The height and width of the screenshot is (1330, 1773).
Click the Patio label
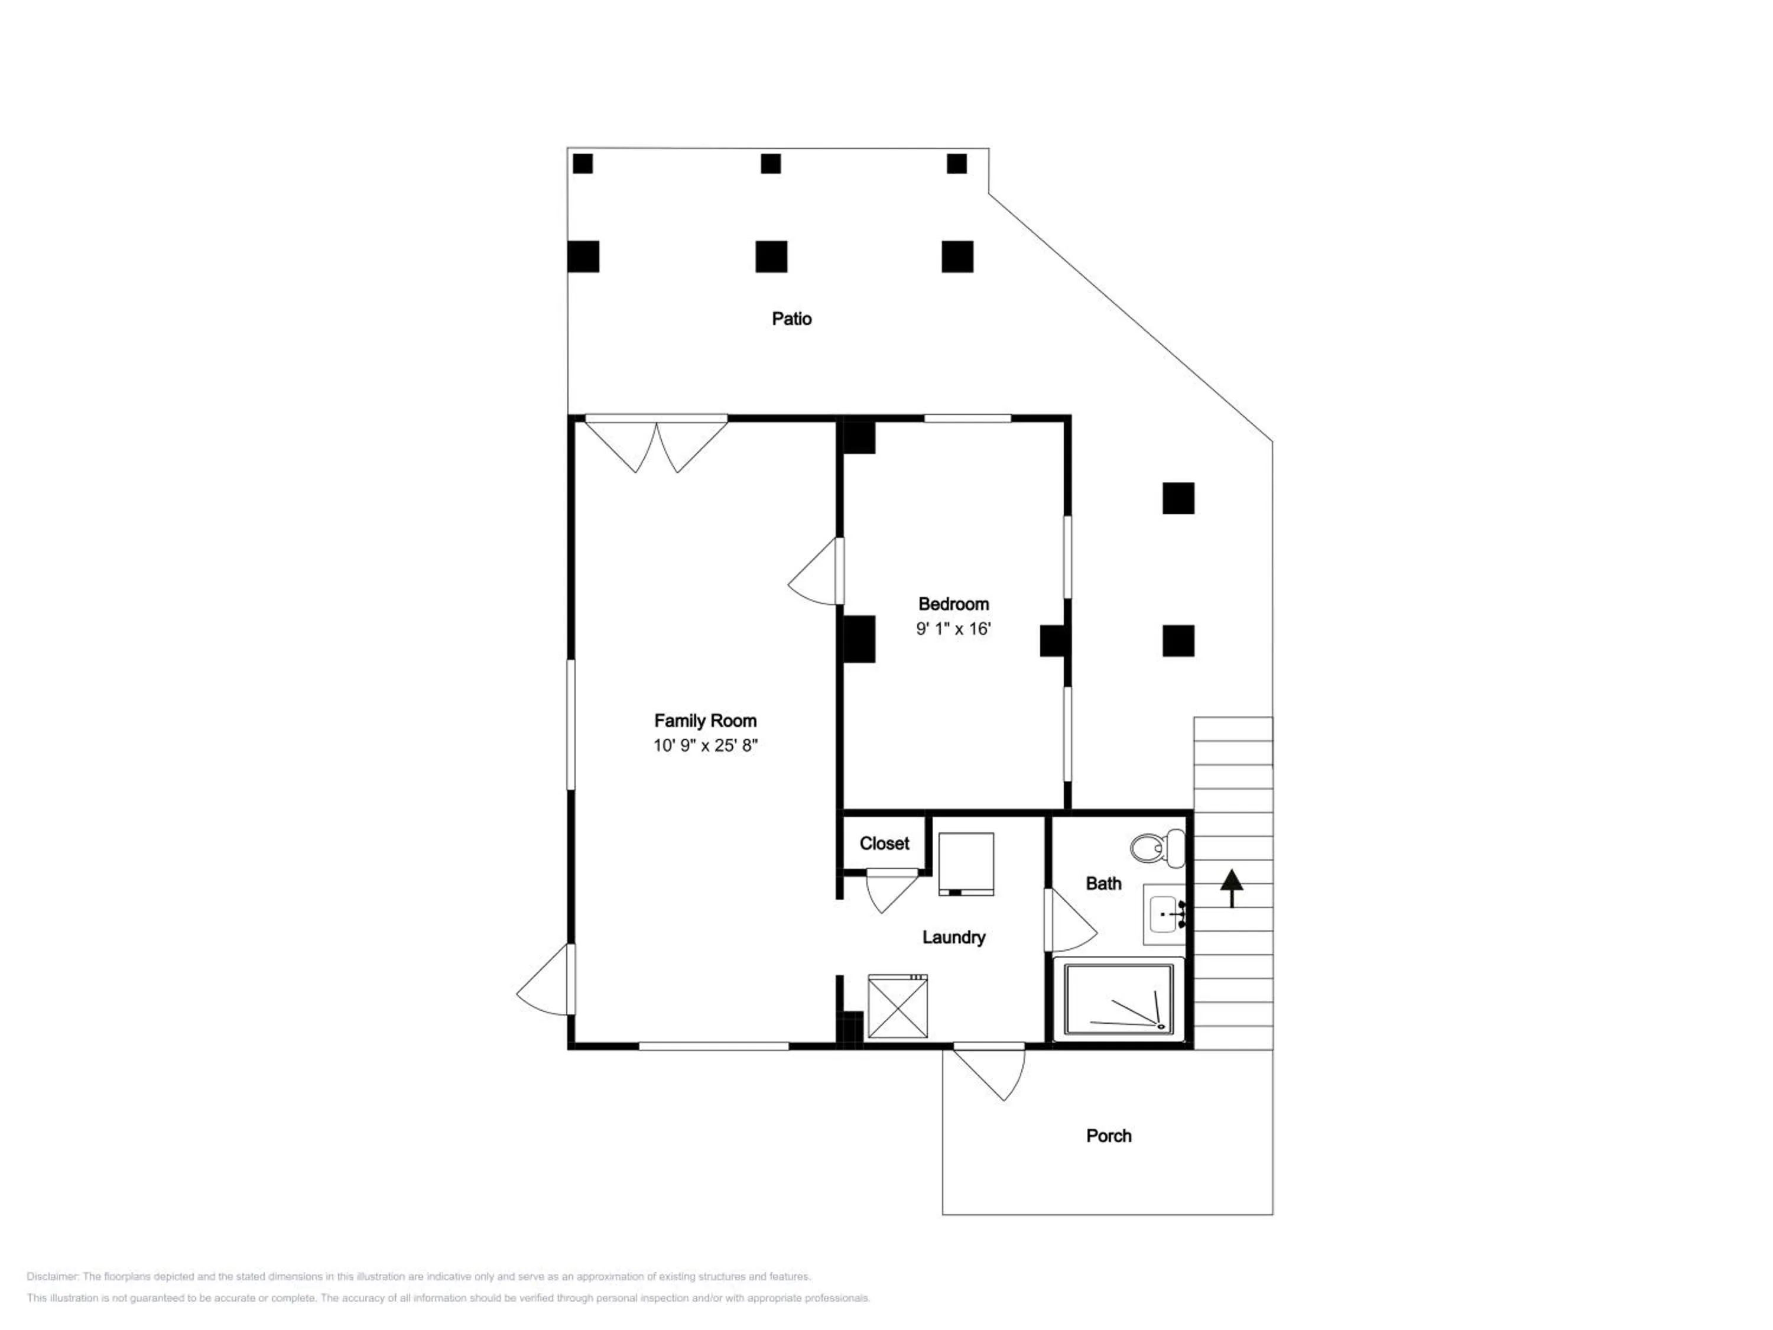(791, 319)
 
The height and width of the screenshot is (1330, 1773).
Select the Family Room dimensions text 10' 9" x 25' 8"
(705, 745)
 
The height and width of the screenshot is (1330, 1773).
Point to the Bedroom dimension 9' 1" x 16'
(953, 628)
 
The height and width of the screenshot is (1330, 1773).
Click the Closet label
(884, 844)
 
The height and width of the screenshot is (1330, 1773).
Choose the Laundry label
(953, 937)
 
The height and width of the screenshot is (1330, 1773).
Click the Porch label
(1109, 1136)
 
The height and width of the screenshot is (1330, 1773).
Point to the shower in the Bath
(1119, 999)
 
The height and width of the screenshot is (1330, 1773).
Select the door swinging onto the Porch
(989, 1071)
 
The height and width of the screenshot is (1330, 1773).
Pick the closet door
(892, 890)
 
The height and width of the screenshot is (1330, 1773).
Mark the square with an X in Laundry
(898, 1006)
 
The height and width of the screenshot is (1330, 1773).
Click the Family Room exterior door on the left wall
(546, 979)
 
